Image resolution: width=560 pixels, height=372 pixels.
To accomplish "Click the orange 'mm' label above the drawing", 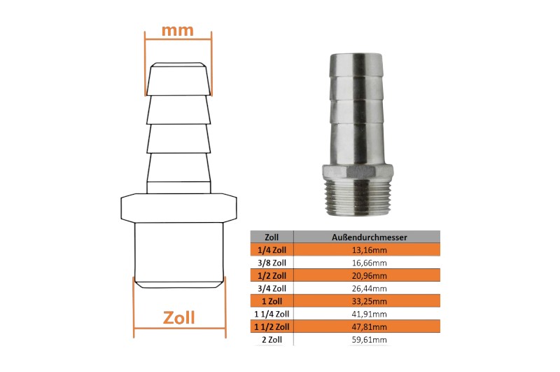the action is click(178, 31).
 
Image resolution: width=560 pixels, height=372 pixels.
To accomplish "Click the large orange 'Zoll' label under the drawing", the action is click(179, 317).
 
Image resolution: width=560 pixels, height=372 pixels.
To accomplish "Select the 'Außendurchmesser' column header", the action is click(370, 237).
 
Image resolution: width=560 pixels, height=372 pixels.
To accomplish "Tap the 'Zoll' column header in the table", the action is click(272, 237).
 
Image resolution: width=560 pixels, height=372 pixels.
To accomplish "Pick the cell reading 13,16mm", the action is click(370, 250).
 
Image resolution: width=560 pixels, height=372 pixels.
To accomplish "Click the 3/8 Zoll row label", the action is click(272, 263).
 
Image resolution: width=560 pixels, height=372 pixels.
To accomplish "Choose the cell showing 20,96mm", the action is click(370, 276).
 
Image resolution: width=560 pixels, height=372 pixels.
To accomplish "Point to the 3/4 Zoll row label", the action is click(272, 289).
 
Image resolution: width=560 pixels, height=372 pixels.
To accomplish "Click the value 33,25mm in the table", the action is click(370, 301).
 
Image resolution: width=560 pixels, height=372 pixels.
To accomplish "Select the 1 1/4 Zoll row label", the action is click(272, 314).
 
